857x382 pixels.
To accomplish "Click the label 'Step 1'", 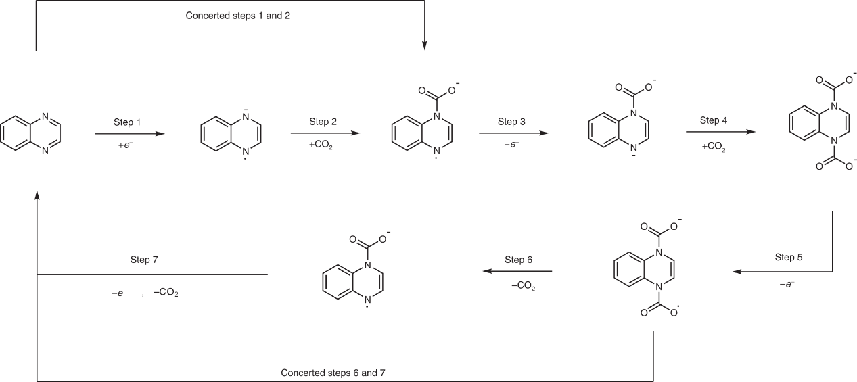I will coord(127,122).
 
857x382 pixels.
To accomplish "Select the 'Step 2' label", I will coord(323,122).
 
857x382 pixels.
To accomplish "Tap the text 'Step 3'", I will coord(511,122).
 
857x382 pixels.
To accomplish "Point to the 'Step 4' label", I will coord(714,121).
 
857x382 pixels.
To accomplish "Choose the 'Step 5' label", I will coord(789,258).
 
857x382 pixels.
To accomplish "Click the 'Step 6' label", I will coord(519,260).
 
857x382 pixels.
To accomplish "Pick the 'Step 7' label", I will coord(144,260).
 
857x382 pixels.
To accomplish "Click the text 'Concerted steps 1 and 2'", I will coord(238,16).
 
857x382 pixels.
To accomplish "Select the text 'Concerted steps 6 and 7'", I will coord(333,373).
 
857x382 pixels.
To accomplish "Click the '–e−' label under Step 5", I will coord(787,285).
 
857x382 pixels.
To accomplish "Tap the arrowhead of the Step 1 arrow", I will coord(160,134).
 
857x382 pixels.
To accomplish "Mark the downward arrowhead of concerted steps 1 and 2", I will coord(424,46).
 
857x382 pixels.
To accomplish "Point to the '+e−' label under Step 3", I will coord(511,145).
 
